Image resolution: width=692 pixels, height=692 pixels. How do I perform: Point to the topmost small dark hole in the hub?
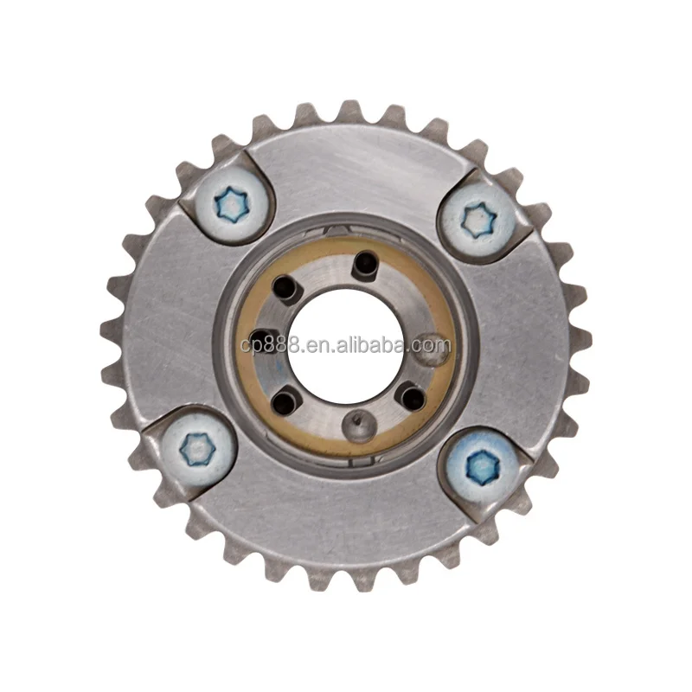click(x=365, y=261)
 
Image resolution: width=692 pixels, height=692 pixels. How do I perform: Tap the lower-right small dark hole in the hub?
click(x=414, y=396)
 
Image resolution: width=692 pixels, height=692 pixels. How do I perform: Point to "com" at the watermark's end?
click(x=433, y=347)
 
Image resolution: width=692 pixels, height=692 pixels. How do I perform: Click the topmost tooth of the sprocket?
click(x=349, y=111)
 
